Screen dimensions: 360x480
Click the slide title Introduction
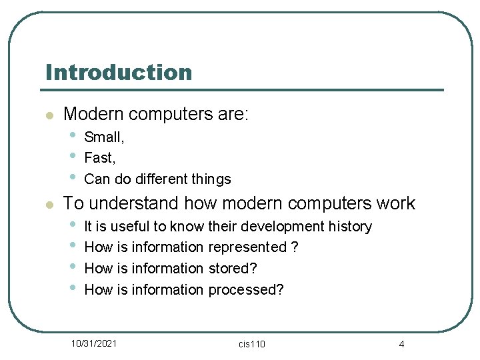[119, 72]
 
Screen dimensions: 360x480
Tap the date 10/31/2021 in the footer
[95, 343]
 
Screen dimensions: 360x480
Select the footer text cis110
[252, 344]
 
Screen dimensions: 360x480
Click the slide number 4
[401, 344]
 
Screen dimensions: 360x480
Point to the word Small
[103, 137]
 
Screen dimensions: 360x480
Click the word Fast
[99, 158]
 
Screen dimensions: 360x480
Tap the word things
[209, 179]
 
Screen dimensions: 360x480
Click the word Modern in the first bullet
[93, 114]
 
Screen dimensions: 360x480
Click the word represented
[247, 247]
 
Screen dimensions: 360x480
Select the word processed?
[246, 290]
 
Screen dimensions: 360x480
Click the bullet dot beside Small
[73, 135]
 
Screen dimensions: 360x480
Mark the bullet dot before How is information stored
[73, 267]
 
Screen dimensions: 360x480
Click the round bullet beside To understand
[48, 204]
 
